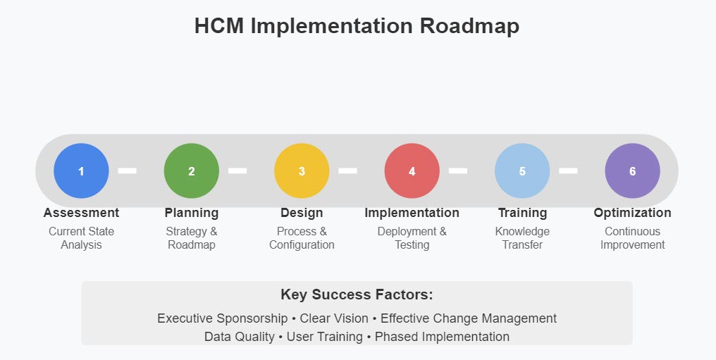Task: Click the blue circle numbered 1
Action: (x=81, y=170)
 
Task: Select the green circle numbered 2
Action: (x=192, y=170)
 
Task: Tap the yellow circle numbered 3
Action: (x=302, y=170)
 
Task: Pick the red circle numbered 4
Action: (x=412, y=170)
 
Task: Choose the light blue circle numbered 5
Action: (x=522, y=170)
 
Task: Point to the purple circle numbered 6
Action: (x=632, y=170)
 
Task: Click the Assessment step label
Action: (x=81, y=213)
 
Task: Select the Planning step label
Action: (x=192, y=213)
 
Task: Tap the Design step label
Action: (x=302, y=213)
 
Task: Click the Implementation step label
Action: (x=412, y=213)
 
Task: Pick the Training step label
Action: (x=522, y=213)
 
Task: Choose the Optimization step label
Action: (x=632, y=213)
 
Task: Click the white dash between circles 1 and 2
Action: (x=127, y=170)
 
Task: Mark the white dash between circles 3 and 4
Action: (x=347, y=170)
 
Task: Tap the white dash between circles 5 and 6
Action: (x=568, y=170)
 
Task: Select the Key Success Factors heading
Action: (x=357, y=294)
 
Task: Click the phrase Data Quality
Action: (x=239, y=337)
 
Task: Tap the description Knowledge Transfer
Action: (x=522, y=238)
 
